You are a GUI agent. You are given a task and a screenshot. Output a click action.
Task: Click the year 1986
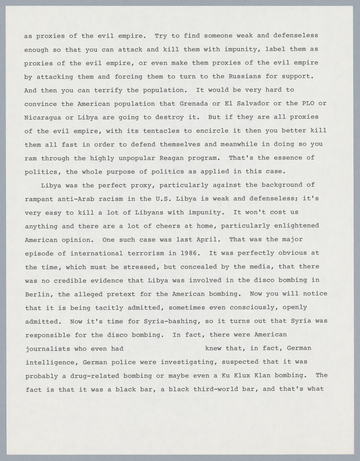click(x=190, y=253)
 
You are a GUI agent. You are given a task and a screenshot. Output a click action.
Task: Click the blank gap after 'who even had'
click(x=164, y=349)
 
